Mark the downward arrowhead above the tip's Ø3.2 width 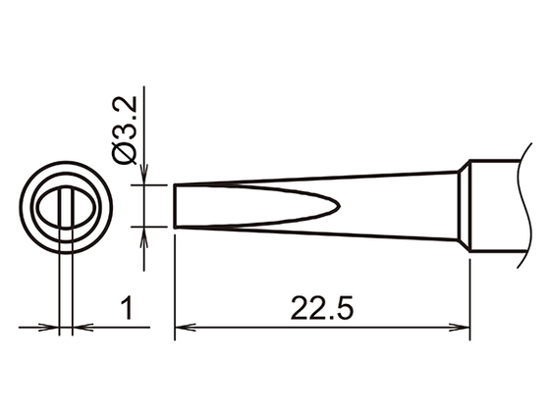pyautogui.click(x=145, y=178)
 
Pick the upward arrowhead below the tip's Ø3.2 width pyautogui.click(x=145, y=233)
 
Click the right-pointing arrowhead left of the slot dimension pyautogui.click(x=52, y=328)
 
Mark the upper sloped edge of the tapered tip pyautogui.click(x=314, y=178)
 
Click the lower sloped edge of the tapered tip pyautogui.click(x=314, y=237)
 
